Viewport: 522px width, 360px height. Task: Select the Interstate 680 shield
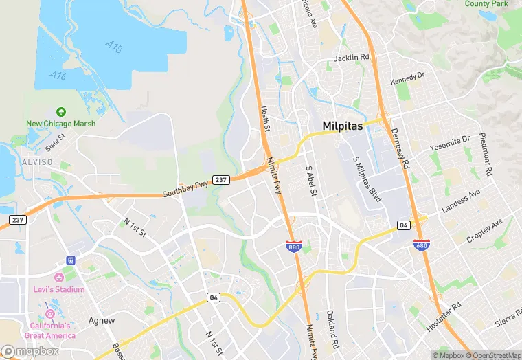click(422, 245)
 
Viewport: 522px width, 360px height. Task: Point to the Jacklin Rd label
click(352, 58)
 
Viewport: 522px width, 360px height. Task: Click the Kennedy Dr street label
click(408, 78)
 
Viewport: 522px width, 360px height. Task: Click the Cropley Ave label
click(484, 230)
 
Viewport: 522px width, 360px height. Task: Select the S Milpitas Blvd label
click(367, 179)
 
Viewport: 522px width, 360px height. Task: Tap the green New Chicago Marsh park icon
click(61, 111)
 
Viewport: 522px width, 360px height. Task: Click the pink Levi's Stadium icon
click(58, 277)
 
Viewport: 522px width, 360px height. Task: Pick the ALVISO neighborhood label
click(36, 161)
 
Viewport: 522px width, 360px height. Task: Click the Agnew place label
click(102, 320)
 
